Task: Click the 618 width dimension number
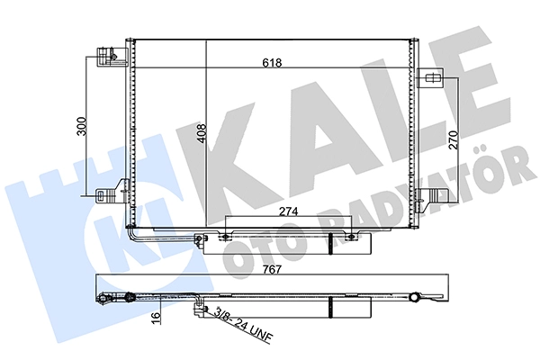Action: point(272,63)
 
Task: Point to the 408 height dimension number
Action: point(201,133)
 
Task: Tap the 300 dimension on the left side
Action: point(82,126)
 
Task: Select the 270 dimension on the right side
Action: point(454,139)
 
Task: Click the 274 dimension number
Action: point(288,211)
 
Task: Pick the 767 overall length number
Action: point(272,269)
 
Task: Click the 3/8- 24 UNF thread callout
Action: point(242,325)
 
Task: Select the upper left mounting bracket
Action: point(112,57)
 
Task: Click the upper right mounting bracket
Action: point(430,78)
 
